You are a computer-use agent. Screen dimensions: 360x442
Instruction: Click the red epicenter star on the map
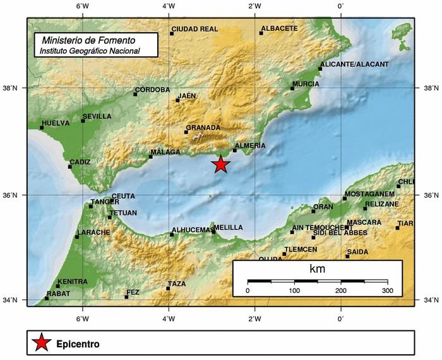coord(220,164)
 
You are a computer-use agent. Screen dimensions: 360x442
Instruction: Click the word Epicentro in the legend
coord(78,344)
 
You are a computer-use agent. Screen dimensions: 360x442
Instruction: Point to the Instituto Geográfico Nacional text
coord(89,50)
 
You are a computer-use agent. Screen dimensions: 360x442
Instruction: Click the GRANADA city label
coord(203,128)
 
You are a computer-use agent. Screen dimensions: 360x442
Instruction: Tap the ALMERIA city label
coord(250,146)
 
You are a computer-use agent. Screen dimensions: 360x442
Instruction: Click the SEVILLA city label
coord(97,117)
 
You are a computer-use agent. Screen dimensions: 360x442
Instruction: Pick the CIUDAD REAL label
coord(194,29)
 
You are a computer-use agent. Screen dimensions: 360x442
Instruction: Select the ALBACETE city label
coord(279,29)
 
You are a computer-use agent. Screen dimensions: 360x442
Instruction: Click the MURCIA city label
coord(306,84)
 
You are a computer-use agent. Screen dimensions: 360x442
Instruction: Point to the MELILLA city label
coord(229,227)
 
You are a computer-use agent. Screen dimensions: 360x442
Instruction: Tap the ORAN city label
coord(323,207)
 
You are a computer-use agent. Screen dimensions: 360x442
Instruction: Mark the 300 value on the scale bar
coord(388,291)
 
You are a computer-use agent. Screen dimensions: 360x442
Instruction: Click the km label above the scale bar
coord(317,269)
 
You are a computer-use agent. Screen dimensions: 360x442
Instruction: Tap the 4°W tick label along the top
coord(169,6)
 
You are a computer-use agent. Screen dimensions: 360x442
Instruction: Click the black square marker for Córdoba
coord(135,94)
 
